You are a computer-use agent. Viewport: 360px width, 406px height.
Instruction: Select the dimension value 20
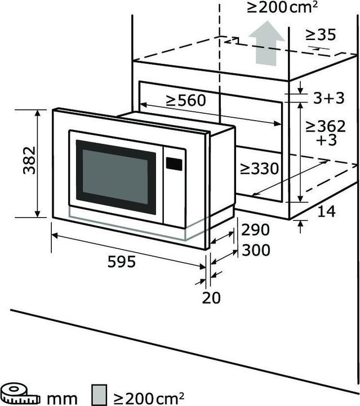click(x=212, y=297)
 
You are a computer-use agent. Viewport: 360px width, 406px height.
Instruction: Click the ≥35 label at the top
click(x=321, y=35)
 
